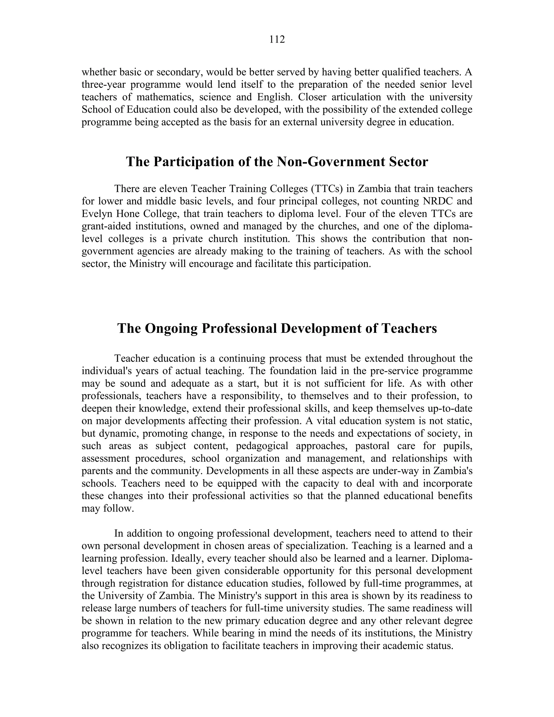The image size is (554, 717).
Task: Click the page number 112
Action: (277, 40)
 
